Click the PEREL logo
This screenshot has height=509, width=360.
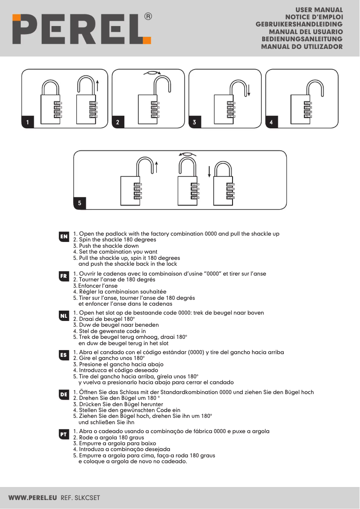click(81, 28)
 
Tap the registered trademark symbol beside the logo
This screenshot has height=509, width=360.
click(148, 17)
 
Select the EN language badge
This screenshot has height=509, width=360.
click(64, 236)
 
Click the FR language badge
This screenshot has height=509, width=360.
click(64, 276)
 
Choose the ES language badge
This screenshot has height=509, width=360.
click(64, 355)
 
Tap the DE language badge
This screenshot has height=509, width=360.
click(64, 394)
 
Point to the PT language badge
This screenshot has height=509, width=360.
click(64, 434)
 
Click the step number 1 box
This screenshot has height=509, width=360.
click(28, 122)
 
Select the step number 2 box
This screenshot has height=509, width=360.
click(118, 122)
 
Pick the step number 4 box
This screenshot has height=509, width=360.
click(272, 122)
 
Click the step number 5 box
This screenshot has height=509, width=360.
click(79, 203)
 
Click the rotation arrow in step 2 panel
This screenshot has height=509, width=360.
click(152, 72)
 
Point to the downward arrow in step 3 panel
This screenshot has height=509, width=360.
click(248, 89)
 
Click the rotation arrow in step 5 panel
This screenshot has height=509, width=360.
click(187, 154)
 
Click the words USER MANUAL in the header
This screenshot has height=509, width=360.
click(319, 9)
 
